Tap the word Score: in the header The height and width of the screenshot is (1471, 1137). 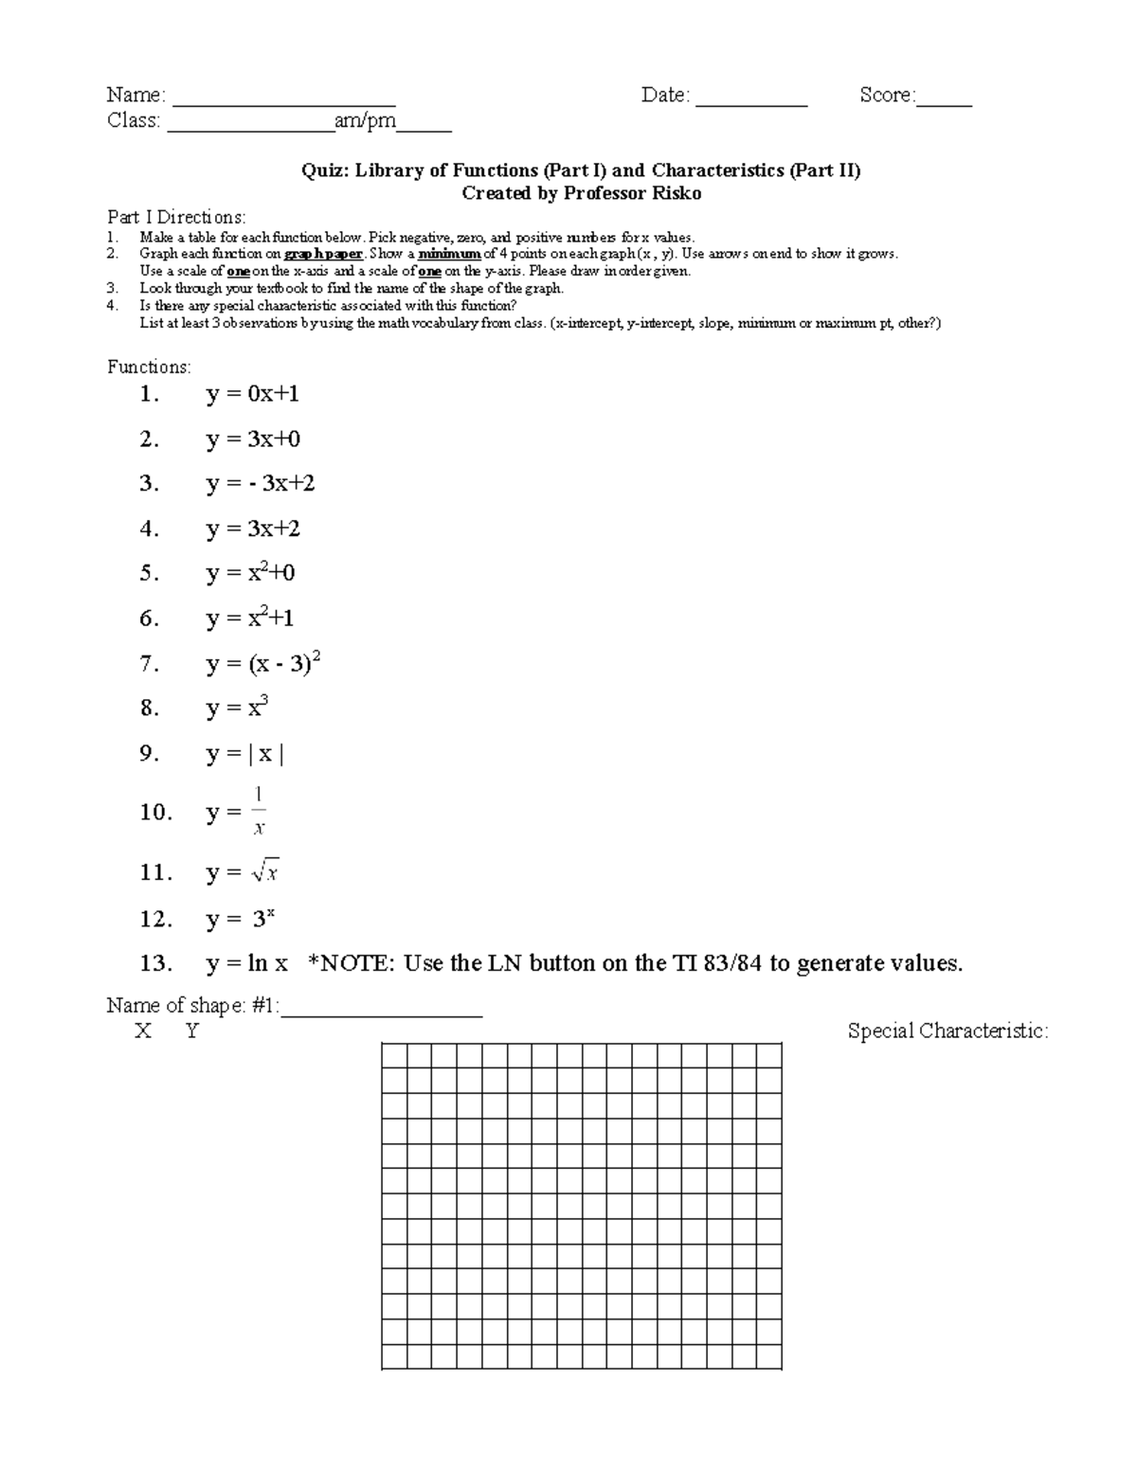point(887,95)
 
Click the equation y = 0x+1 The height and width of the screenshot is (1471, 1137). point(252,394)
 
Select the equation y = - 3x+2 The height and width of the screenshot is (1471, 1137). point(260,483)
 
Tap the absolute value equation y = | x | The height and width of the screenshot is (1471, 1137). point(244,754)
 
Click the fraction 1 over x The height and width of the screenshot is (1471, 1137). point(259,812)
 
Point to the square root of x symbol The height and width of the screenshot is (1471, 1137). point(265,871)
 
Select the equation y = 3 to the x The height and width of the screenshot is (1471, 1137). point(241,919)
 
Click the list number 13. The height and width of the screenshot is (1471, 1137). point(155,964)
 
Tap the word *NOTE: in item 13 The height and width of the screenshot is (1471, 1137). point(350,964)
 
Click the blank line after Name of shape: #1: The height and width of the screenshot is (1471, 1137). point(382,1011)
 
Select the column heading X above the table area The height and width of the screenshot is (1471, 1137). point(142,1031)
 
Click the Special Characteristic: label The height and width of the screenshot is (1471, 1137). point(947,1031)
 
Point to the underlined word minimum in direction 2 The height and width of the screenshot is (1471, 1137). point(449,254)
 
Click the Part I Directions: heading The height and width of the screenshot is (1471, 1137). point(176,217)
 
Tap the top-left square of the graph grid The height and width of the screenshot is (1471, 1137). point(394,1055)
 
